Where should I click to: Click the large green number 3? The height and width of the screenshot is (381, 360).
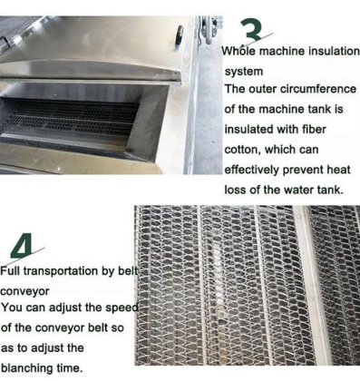click(x=253, y=31)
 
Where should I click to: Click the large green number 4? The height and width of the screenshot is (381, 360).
click(x=22, y=248)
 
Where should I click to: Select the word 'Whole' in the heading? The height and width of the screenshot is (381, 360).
click(x=238, y=50)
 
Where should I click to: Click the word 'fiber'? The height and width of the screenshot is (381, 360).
click(x=314, y=129)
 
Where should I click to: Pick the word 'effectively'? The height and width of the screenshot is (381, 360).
click(x=252, y=170)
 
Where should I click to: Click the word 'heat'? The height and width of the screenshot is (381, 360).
click(x=338, y=170)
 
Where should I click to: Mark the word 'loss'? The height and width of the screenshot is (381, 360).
click(x=236, y=190)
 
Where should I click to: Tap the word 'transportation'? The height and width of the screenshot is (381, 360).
click(x=61, y=271)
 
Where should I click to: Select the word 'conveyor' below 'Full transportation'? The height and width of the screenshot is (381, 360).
click(x=24, y=291)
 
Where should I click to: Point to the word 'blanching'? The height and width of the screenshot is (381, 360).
click(x=27, y=368)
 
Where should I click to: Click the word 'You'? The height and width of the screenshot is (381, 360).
click(x=12, y=308)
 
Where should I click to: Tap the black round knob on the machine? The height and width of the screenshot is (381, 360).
click(x=180, y=35)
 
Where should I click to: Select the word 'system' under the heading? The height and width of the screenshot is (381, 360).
click(x=244, y=72)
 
